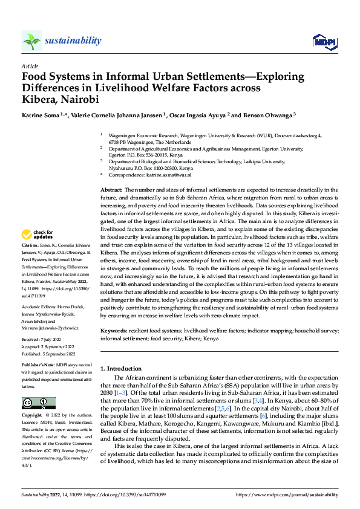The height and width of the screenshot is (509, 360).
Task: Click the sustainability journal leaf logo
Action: pos(32,41)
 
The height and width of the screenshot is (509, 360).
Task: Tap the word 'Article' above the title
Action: pos(30,66)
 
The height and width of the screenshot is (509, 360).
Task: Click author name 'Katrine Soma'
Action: pos(43,115)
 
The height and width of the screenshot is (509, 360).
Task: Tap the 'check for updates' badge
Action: pos(38,234)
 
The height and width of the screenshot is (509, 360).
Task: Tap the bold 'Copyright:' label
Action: pos(33,416)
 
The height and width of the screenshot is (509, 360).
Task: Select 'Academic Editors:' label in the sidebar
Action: pos(39,306)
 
